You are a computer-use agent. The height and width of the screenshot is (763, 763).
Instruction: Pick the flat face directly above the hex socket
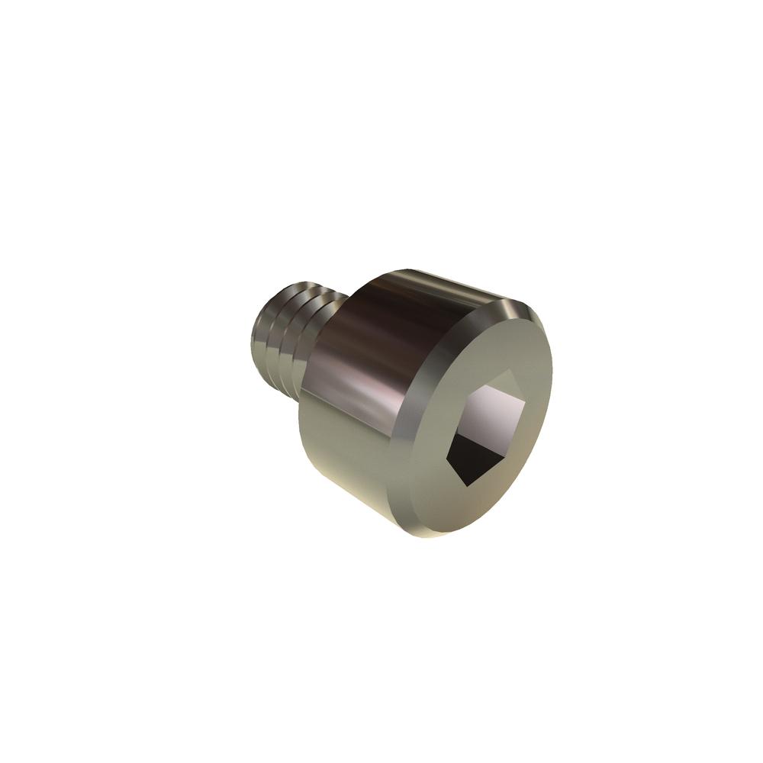(496, 343)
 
